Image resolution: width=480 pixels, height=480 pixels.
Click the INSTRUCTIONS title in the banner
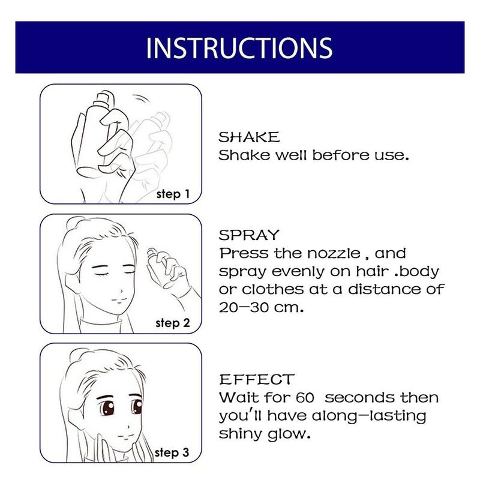point(239,48)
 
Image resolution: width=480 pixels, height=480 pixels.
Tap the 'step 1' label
point(173,194)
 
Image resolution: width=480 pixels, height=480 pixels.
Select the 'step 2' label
point(173,323)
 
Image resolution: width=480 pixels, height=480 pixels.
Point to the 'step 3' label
point(173,452)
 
